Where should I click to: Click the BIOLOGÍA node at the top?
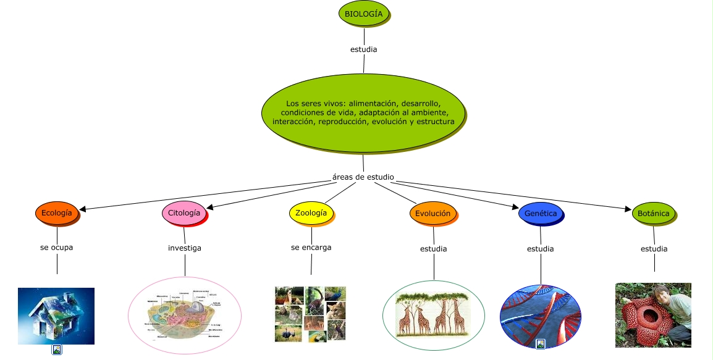pyautogui.click(x=363, y=14)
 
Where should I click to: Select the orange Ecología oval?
pyautogui.click(x=56, y=213)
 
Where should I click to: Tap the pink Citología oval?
pyautogui.click(x=184, y=213)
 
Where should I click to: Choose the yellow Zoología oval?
pyautogui.click(x=311, y=213)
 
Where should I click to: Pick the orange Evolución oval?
pyautogui.click(x=432, y=214)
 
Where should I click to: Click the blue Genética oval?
pyautogui.click(x=540, y=214)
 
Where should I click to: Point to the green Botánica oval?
pyautogui.click(x=654, y=214)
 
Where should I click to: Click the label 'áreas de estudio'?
pyautogui.click(x=363, y=177)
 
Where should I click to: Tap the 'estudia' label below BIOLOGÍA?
pyautogui.click(x=363, y=49)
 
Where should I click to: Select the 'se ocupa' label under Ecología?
pyautogui.click(x=56, y=248)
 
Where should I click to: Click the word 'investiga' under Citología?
pyautogui.click(x=185, y=248)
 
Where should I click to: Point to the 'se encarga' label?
pyautogui.click(x=311, y=248)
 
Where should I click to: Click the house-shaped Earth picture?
pyautogui.click(x=56, y=316)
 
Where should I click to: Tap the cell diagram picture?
pyautogui.click(x=185, y=316)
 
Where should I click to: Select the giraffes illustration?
pyautogui.click(x=433, y=315)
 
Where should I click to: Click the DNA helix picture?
pyautogui.click(x=541, y=315)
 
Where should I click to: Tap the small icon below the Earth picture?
pyautogui.click(x=56, y=350)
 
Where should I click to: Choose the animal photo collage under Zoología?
pyautogui.click(x=310, y=314)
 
